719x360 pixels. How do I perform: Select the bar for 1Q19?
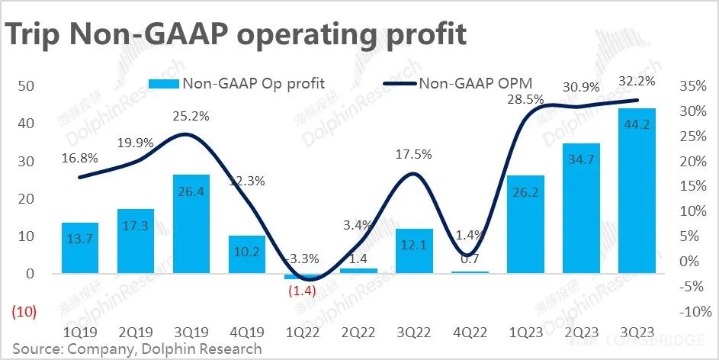click(x=79, y=248)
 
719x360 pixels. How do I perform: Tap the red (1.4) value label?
click(x=301, y=291)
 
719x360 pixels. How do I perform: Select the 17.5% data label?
click(x=413, y=154)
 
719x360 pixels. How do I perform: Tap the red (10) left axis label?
click(x=26, y=312)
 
